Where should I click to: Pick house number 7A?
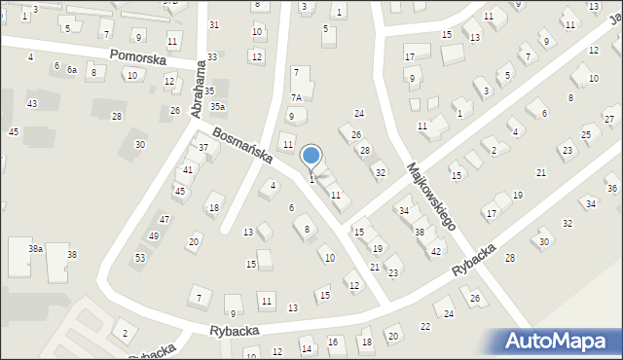pyautogui.click(x=296, y=97)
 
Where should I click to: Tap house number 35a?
pyautogui.click(x=218, y=106)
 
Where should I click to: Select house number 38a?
pyautogui.click(x=35, y=250)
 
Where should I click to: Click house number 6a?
pyautogui.click(x=72, y=70)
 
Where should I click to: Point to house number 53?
pyautogui.click(x=140, y=257)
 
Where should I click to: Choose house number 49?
pyautogui.click(x=153, y=236)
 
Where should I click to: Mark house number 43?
pyautogui.click(x=32, y=103)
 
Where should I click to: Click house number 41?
pyautogui.click(x=188, y=170)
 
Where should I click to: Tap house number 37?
pyautogui.click(x=203, y=148)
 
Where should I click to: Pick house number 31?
pyautogui.click(x=214, y=24)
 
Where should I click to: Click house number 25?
pyautogui.click(x=585, y=134)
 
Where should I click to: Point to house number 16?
pyautogui.click(x=333, y=342)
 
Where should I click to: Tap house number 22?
pyautogui.click(x=424, y=326)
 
